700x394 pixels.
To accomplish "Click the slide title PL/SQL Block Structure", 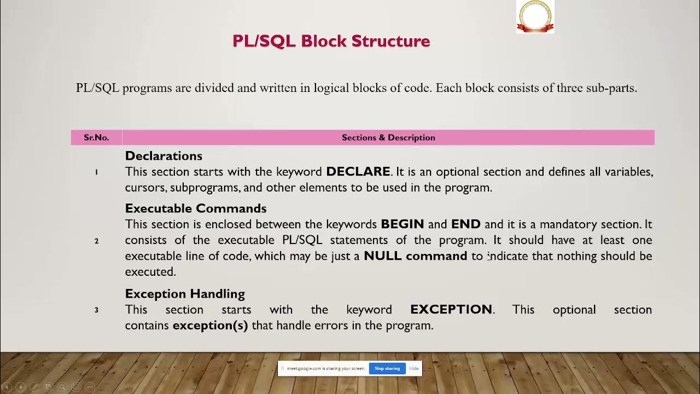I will (331, 41).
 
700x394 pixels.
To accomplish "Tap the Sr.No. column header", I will (96, 137).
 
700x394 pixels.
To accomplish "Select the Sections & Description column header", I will (388, 137).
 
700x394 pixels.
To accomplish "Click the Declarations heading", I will (164, 156).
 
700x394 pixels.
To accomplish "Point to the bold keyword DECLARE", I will (358, 172).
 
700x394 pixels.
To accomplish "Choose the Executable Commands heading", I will (195, 208).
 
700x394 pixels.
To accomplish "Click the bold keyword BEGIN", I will (402, 224).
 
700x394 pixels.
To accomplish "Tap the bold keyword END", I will (465, 224).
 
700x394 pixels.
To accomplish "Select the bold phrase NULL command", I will (415, 256).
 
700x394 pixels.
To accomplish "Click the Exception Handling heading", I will (185, 294).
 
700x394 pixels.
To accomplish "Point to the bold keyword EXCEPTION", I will (451, 310).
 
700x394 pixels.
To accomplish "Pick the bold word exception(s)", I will (210, 326).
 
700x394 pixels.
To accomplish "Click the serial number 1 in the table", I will (96, 172).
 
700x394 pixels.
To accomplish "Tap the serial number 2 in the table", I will (96, 241).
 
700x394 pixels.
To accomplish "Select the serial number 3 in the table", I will (96, 310).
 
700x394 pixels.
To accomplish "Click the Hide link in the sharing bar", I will (414, 368).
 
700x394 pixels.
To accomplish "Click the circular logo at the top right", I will (535, 16).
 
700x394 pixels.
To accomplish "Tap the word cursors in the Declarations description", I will (145, 188).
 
